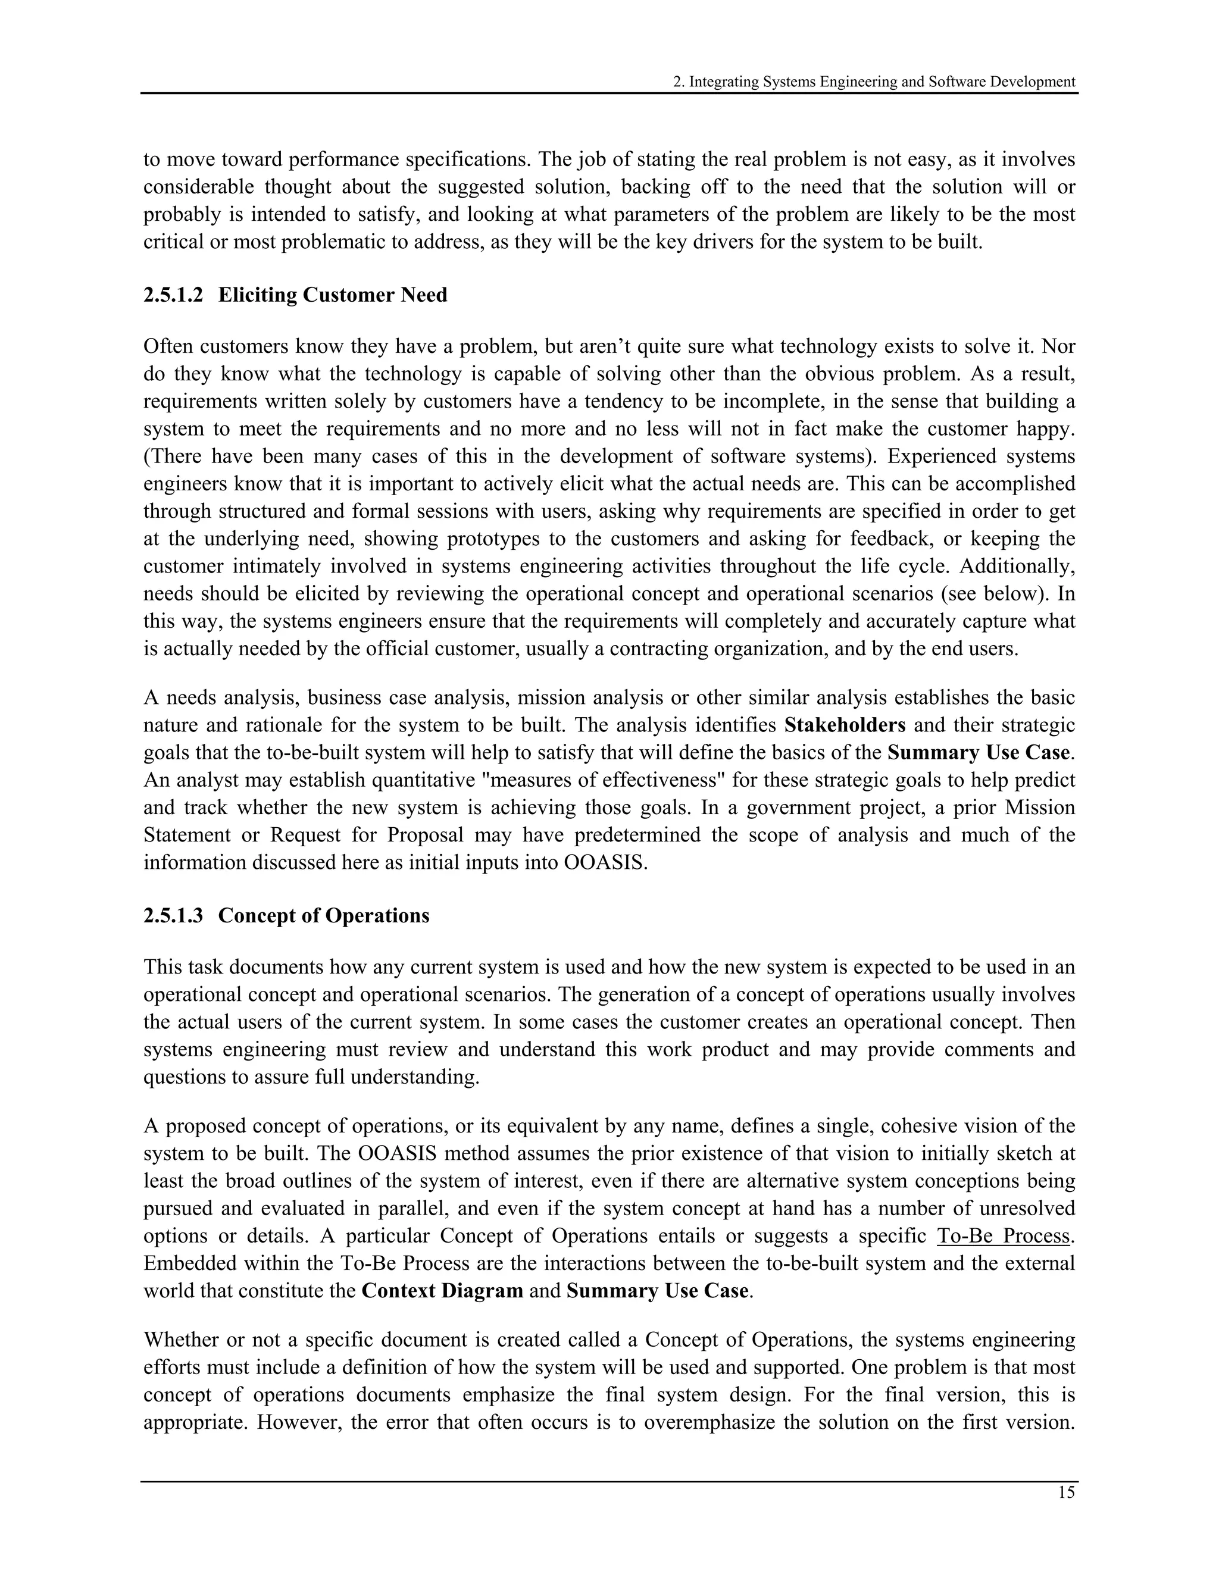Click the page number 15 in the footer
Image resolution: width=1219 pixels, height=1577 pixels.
[x=1066, y=1492]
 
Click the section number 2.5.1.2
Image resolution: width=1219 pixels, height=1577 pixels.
[x=173, y=295]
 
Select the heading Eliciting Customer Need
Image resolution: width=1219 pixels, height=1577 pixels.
[x=332, y=295]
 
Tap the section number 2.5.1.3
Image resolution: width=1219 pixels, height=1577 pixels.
[x=173, y=916]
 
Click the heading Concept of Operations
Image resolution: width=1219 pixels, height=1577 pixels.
[x=324, y=916]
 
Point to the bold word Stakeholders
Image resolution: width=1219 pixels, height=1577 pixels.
[x=844, y=725]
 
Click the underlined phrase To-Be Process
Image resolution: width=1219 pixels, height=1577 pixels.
[x=1004, y=1235]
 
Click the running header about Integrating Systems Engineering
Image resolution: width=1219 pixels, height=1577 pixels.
[x=874, y=82]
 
